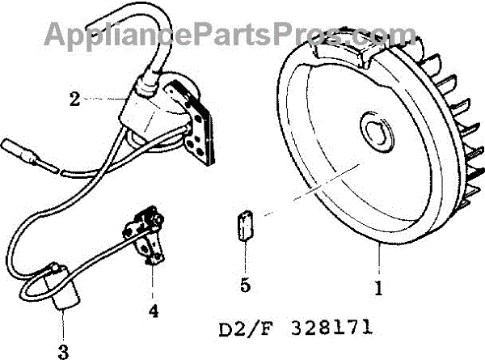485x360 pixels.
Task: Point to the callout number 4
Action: (x=154, y=309)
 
